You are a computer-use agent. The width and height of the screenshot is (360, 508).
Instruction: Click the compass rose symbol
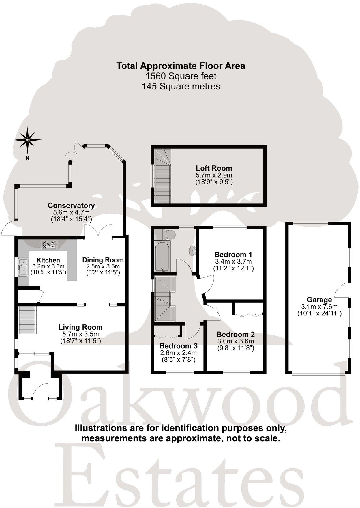click(x=27, y=140)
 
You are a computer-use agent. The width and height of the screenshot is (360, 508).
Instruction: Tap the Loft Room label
click(x=214, y=168)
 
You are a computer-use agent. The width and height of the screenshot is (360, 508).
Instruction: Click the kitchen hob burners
click(x=49, y=245)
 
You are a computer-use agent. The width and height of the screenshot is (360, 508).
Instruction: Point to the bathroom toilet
click(x=168, y=234)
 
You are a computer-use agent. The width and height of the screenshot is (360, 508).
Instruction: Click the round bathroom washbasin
click(x=192, y=251)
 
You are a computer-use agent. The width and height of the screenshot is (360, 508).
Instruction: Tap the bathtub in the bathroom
click(x=162, y=256)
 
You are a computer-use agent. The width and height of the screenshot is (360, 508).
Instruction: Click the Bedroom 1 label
click(x=233, y=255)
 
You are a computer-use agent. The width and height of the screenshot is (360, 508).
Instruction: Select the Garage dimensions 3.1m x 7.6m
click(x=319, y=307)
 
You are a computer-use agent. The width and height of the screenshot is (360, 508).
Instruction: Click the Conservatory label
click(x=71, y=206)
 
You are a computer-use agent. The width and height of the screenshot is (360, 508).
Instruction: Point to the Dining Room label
click(x=103, y=260)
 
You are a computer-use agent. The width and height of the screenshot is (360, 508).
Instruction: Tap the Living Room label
click(x=80, y=327)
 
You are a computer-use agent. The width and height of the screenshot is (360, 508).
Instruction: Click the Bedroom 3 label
click(x=178, y=346)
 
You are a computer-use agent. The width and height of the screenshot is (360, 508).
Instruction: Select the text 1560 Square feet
click(x=181, y=76)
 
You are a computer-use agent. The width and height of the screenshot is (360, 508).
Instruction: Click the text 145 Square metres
click(x=181, y=86)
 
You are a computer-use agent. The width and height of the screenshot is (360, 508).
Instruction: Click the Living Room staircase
click(x=28, y=320)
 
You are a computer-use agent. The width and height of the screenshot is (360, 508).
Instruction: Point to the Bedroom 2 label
click(x=236, y=334)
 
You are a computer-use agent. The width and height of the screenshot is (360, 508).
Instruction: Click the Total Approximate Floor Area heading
click(x=181, y=66)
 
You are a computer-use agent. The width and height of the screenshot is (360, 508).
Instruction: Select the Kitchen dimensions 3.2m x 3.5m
click(x=48, y=266)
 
